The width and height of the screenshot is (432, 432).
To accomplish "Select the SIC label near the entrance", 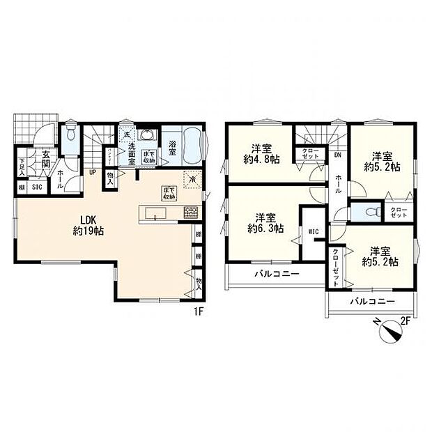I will pyautogui.click(x=37, y=187).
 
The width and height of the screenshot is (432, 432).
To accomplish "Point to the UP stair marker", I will pyautogui.click(x=92, y=173).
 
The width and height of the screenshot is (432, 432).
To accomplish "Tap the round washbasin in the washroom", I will pyautogui.click(x=148, y=136).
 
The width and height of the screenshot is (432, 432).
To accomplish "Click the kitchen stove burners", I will pyautogui.click(x=190, y=213).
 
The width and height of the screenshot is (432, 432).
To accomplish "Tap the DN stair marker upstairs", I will pyautogui.click(x=337, y=155).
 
